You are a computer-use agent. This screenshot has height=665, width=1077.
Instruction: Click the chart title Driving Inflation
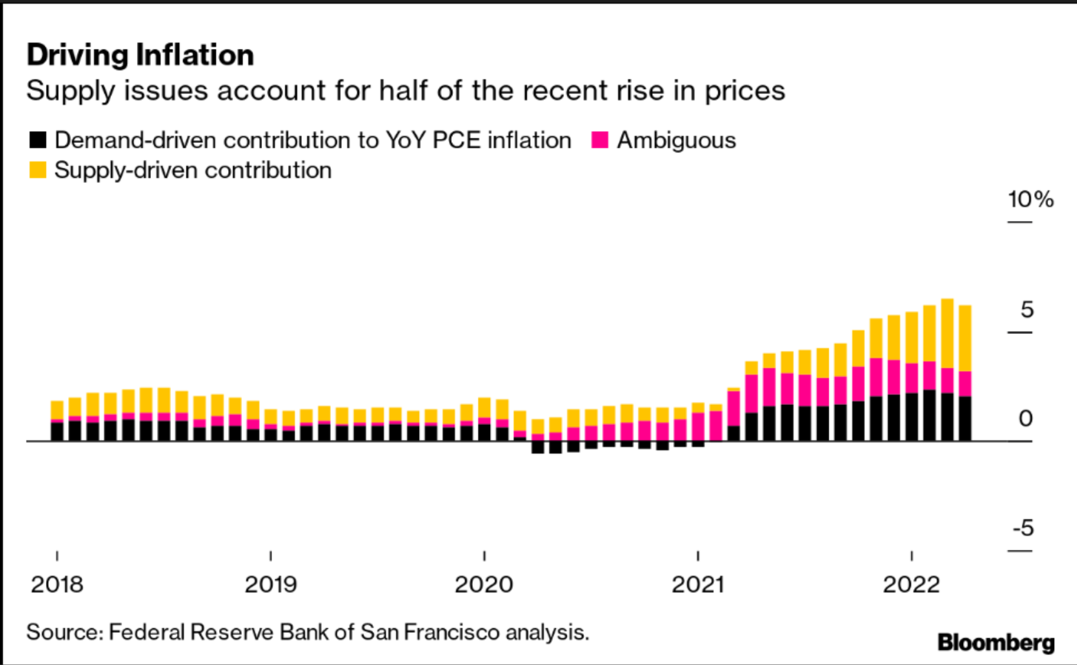tap(140, 56)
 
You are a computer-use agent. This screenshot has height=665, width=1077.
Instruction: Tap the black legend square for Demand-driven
tap(38, 140)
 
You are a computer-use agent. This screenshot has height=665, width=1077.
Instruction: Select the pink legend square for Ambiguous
tap(600, 140)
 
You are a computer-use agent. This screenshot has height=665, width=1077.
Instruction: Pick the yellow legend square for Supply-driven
tap(38, 170)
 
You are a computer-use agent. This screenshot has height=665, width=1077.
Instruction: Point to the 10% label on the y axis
tap(1030, 199)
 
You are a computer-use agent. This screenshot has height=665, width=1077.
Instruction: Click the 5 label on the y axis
tap(1026, 310)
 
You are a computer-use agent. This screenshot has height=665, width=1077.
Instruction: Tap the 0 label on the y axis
tap(1025, 419)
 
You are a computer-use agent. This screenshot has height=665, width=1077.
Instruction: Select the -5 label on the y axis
tap(1022, 529)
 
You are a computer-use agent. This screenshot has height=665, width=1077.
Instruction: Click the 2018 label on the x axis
tap(57, 584)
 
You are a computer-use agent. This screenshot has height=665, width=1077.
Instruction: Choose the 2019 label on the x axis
tap(271, 584)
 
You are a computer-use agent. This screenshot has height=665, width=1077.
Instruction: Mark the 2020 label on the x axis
tap(484, 584)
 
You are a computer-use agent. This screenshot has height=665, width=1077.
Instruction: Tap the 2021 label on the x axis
tap(698, 584)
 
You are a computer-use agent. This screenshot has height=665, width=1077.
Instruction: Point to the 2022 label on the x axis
tap(911, 584)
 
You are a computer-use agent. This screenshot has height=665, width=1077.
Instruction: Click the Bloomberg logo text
tap(996, 642)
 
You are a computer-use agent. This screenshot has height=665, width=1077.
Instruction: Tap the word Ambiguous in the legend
tap(677, 140)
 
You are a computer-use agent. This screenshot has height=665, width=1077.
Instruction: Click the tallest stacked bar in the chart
tap(947, 370)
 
